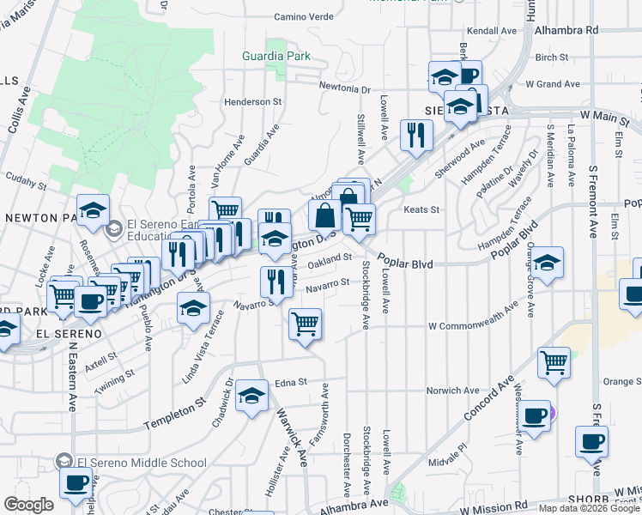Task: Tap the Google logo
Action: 28,505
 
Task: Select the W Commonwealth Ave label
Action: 473,315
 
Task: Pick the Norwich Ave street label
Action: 456,391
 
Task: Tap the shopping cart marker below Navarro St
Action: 305,324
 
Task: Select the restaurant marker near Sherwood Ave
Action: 416,135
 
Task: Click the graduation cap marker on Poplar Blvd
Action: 548,262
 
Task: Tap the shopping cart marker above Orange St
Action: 554,361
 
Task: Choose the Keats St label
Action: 422,209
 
